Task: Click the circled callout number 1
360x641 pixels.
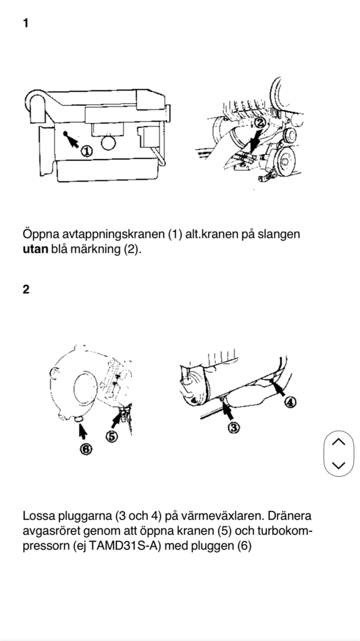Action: (86, 150)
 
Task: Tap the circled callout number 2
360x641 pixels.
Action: (260, 123)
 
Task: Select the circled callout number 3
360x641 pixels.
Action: (232, 428)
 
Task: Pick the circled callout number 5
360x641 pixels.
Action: (111, 436)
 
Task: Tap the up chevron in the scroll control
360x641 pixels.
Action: (338, 442)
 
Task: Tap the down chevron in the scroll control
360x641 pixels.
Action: (338, 465)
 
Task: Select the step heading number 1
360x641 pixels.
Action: (26, 23)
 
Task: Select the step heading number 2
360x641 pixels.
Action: (26, 290)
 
